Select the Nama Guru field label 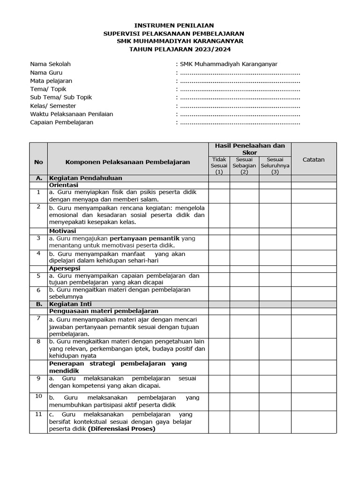tap(46, 73)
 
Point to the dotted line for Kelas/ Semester tap(240, 106)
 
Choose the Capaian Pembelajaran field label tap(61, 122)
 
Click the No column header tap(38, 162)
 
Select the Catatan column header tap(314, 159)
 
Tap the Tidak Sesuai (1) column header tap(219, 166)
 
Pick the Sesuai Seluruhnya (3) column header tap(275, 166)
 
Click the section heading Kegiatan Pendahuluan tap(86, 178)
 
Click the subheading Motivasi tap(62, 231)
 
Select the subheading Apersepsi tap(65, 268)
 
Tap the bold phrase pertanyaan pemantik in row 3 tap(148, 238)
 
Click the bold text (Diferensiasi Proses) tap(121, 428)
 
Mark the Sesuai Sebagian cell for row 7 tap(244, 326)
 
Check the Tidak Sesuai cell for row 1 tap(219, 195)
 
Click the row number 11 tap(38, 414)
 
